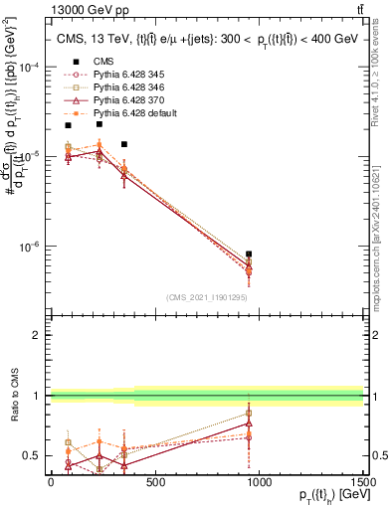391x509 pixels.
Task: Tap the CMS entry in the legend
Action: [x=90, y=62]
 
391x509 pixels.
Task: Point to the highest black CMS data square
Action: [x=99, y=124]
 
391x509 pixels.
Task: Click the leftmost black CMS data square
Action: [x=68, y=125]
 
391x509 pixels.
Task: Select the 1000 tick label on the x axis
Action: [x=259, y=481]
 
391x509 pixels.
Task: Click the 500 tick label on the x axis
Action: [x=154, y=481]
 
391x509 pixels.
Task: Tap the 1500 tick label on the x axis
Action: [x=362, y=481]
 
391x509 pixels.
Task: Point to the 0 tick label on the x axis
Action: [x=51, y=481]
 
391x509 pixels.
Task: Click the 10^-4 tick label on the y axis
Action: [x=28, y=67]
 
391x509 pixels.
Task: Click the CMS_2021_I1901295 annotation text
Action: [x=206, y=297]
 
